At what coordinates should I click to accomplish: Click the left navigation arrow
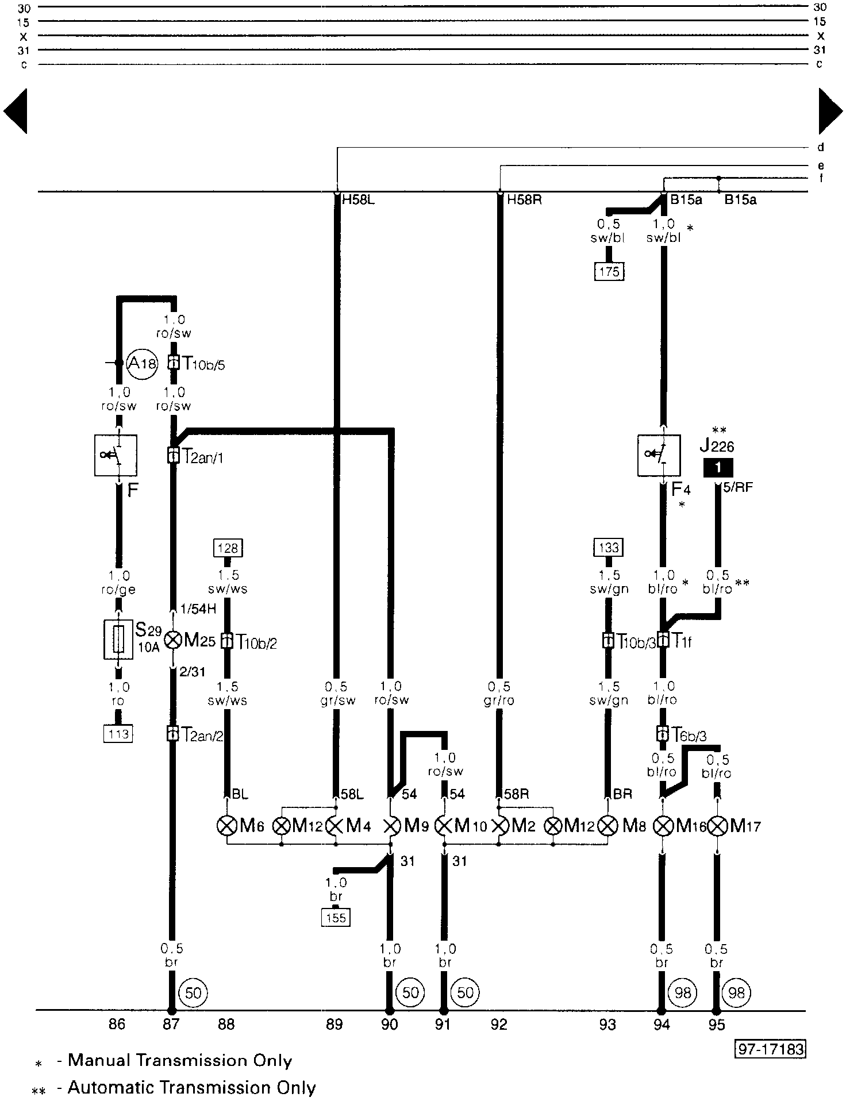click(16, 111)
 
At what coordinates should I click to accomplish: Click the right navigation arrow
click(830, 111)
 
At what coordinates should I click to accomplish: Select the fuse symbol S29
click(118, 639)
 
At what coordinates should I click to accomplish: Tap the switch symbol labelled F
click(116, 455)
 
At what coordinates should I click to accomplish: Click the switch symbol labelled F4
click(659, 455)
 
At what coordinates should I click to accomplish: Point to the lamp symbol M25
click(172, 640)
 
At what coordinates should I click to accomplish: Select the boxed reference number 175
click(609, 271)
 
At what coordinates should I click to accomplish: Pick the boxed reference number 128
click(228, 548)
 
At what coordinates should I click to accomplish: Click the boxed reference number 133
click(609, 548)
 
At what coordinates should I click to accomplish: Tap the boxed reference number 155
click(336, 918)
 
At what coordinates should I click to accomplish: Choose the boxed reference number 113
click(118, 734)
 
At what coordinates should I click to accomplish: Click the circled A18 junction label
click(142, 363)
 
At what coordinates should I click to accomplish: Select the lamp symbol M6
click(227, 826)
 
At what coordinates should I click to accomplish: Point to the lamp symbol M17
click(717, 826)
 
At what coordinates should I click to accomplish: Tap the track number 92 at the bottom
click(499, 1025)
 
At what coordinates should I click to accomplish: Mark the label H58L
click(358, 201)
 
